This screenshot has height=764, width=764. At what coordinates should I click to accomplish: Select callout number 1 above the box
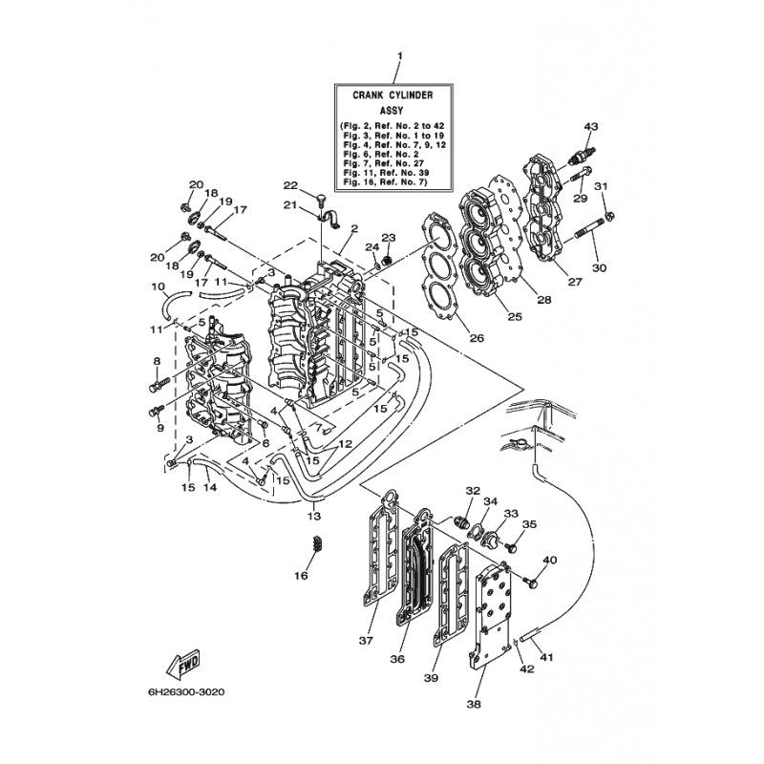pos(400,56)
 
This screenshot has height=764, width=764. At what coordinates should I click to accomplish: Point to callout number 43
pos(590,126)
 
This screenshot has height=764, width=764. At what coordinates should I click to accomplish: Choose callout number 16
pos(302,576)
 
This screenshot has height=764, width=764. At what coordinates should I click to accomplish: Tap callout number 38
pos(474,705)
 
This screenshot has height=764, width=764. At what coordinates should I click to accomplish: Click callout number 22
pos(290,184)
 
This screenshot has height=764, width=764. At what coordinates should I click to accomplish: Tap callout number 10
pos(159,286)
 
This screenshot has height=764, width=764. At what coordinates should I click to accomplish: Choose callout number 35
pos(529,524)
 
